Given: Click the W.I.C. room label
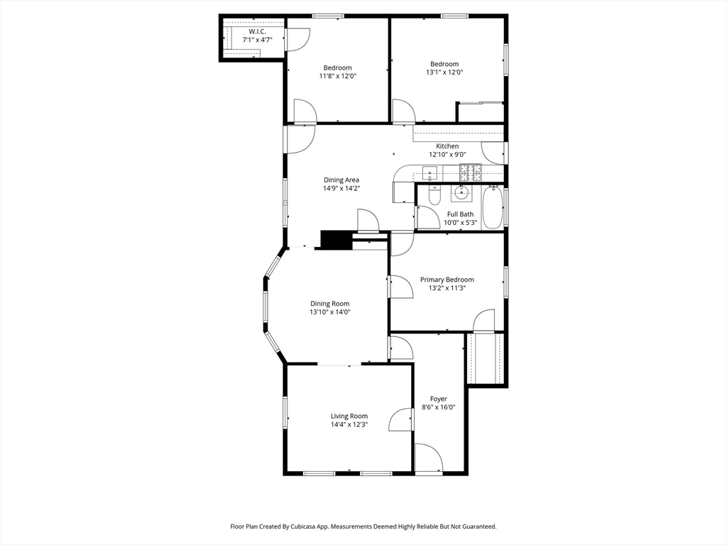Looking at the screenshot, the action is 257,31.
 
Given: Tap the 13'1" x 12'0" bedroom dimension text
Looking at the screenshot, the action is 444,72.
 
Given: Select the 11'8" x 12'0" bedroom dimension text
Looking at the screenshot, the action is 337,76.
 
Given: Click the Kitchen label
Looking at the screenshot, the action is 447,146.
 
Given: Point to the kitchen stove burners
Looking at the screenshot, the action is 471,172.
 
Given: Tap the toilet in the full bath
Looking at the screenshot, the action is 434,195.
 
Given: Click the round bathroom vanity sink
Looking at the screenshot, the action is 460,192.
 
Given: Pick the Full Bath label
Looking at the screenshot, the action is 460,214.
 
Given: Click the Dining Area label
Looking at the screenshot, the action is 341,180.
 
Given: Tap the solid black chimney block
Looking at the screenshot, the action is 337,240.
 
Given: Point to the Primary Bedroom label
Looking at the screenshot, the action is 447,280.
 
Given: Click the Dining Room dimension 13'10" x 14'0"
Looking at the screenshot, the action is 330,312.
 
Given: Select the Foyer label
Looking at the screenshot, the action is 439,399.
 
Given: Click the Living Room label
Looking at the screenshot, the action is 349,416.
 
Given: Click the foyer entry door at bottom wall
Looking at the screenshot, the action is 429,458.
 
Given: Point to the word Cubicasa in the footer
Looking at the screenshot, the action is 300,527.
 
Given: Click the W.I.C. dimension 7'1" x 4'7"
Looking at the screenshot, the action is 257,40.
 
